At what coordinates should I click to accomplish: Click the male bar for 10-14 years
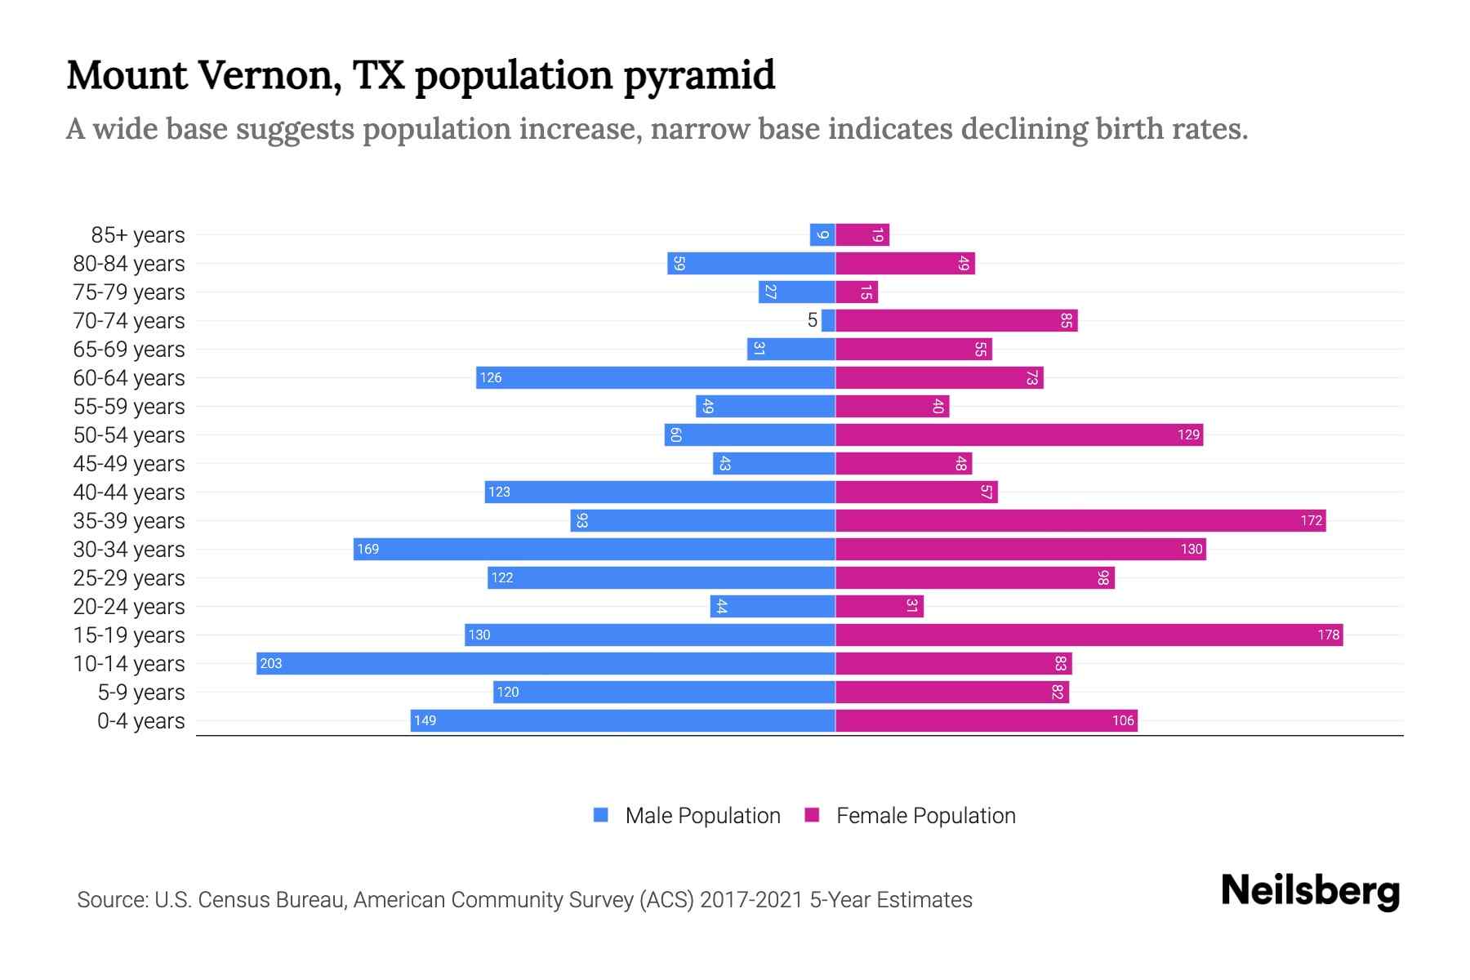pos(546,663)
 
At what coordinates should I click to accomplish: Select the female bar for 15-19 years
pos(1089,635)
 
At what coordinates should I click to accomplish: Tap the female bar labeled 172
pos(1080,520)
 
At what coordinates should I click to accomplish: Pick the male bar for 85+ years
pos(822,235)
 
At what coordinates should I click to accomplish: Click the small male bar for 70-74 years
pos(828,321)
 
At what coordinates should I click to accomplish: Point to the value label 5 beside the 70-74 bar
pos(812,321)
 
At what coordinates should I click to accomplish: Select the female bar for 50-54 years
pos(1018,434)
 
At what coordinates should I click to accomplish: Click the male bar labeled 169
pos(594,549)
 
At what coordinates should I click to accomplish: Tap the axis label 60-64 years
pos(129,378)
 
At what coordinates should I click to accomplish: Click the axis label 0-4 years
pos(140,721)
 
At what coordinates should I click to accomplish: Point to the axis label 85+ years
pos(138,235)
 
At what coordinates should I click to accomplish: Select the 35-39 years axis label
pos(129,521)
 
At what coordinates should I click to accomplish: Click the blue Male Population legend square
pos(601,815)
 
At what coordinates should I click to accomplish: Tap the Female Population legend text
pos(925,816)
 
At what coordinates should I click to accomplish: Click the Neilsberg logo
pos(1310,891)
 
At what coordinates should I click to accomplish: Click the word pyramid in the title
pos(699,76)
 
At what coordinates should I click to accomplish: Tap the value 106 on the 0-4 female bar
pos(1123,720)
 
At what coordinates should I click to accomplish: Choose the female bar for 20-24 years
pos(880,606)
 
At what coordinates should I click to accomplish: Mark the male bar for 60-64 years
pos(656,377)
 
